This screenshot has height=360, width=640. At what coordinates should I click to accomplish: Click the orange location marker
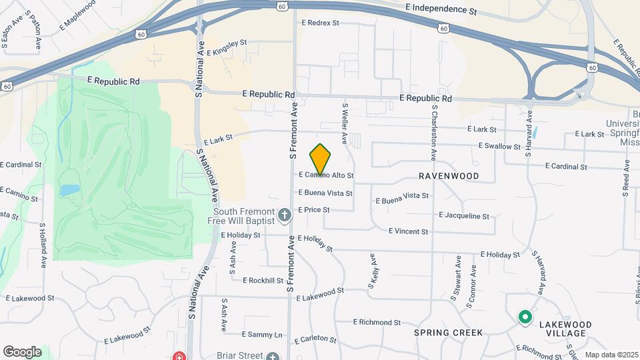tap(321, 159)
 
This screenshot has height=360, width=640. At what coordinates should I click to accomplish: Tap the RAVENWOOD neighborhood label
tap(449, 176)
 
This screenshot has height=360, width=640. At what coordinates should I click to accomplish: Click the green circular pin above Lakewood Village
tap(525, 317)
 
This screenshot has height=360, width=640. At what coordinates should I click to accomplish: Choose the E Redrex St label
tap(320, 23)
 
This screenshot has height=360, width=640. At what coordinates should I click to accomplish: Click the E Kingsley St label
tap(227, 47)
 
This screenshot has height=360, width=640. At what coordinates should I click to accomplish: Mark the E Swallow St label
tap(499, 146)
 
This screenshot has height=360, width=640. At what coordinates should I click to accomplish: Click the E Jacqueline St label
tap(464, 216)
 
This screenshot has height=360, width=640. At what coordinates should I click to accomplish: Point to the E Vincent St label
tap(409, 231)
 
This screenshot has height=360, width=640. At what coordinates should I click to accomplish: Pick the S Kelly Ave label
tap(371, 271)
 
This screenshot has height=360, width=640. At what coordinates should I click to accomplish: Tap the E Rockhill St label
tap(263, 281)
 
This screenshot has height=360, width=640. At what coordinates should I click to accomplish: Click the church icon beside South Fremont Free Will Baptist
tap(285, 215)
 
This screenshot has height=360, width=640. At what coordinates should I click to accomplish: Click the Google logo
tap(23, 352)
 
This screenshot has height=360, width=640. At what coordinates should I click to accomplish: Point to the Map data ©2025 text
tap(611, 355)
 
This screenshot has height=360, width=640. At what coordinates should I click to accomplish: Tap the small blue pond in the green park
tap(69, 191)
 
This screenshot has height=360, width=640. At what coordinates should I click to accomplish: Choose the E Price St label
tap(313, 209)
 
